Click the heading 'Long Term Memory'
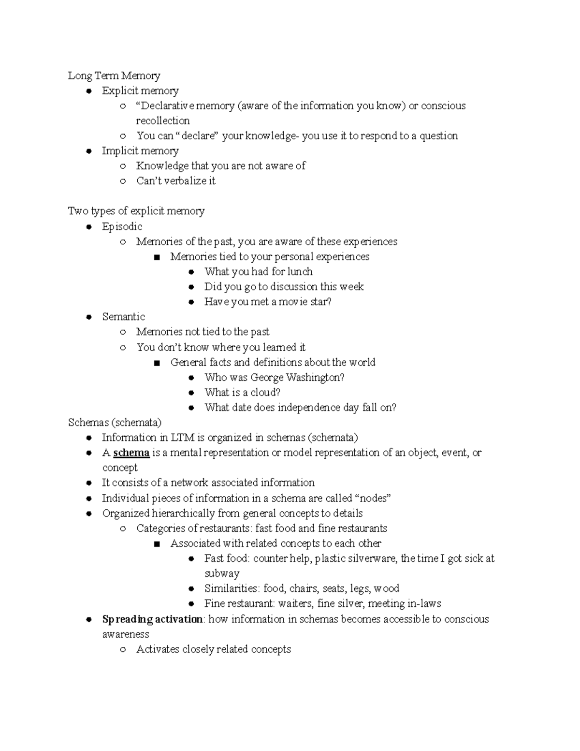tap(114, 76)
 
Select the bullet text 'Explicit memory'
tap(140, 91)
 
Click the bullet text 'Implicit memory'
tap(140, 151)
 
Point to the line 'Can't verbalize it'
tap(176, 181)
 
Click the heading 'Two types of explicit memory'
tap(136, 211)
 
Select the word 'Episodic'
tap(122, 226)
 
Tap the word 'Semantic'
tap(123, 317)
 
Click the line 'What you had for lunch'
tap(258, 272)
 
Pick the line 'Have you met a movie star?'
tap(268, 302)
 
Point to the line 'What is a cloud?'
tap(242, 392)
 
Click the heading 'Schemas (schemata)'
tap(115, 423)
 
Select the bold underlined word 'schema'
tap(131, 453)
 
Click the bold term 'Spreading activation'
tap(152, 619)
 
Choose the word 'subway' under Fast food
tap(222, 574)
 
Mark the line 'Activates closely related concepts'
tap(214, 649)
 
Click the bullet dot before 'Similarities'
tap(191, 589)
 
